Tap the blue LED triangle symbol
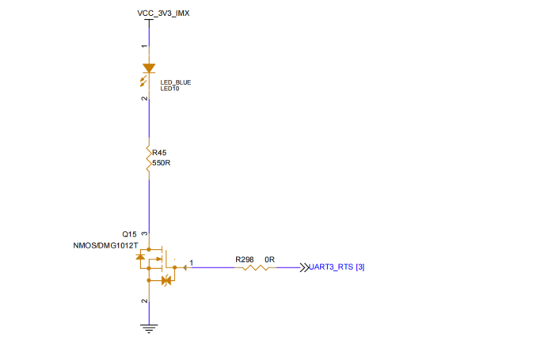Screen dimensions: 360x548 pyautogui.click(x=148, y=70)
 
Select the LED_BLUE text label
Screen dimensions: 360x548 pyautogui.click(x=176, y=82)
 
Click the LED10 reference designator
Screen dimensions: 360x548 pyautogui.click(x=170, y=89)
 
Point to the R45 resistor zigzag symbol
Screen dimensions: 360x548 pyautogui.click(x=148, y=158)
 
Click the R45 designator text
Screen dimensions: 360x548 pyautogui.click(x=159, y=152)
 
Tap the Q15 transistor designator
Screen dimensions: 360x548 pyautogui.click(x=129, y=234)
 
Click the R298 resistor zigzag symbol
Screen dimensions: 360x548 pyautogui.click(x=253, y=267)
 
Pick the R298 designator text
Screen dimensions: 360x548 pyautogui.click(x=244, y=259)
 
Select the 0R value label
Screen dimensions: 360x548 pyautogui.click(x=269, y=259)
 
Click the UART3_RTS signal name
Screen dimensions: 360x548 pyautogui.click(x=331, y=267)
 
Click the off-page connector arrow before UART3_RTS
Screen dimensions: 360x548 pyautogui.click(x=303, y=267)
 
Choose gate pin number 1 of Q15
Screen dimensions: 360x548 pyautogui.click(x=192, y=262)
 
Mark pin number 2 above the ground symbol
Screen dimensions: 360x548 pyautogui.click(x=144, y=301)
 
